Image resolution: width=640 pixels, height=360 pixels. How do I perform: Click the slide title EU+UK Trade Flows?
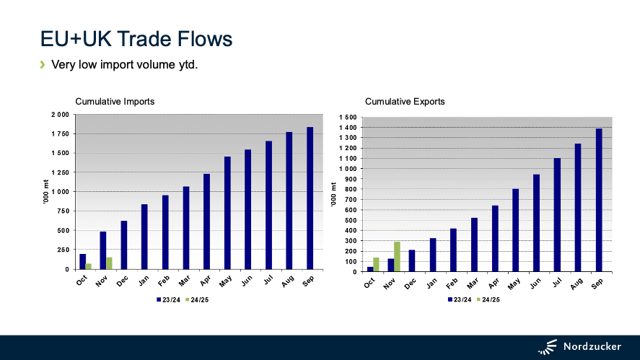click(x=136, y=38)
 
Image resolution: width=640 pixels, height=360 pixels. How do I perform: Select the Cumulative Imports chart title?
click(x=115, y=102)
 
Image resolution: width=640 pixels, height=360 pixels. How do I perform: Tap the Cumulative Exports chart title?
click(x=405, y=102)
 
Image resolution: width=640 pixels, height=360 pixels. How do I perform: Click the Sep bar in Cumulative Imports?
click(x=310, y=198)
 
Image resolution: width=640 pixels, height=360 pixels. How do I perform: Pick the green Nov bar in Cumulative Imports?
click(x=109, y=263)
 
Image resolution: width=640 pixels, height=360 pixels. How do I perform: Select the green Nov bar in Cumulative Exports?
click(x=397, y=257)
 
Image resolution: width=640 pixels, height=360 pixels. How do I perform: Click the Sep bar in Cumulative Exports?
click(x=598, y=201)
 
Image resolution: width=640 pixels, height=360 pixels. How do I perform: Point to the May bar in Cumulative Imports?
click(x=227, y=213)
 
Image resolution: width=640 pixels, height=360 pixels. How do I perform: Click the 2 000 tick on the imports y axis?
click(x=59, y=115)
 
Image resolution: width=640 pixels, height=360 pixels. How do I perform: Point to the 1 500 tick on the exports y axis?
click(x=348, y=118)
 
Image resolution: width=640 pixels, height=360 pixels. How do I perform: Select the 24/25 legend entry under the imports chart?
click(x=200, y=299)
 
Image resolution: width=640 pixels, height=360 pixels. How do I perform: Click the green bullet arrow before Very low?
click(x=43, y=65)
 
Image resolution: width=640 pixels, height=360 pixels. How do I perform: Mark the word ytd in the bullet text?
click(x=185, y=66)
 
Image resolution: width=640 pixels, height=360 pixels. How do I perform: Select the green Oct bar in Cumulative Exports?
click(x=376, y=265)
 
